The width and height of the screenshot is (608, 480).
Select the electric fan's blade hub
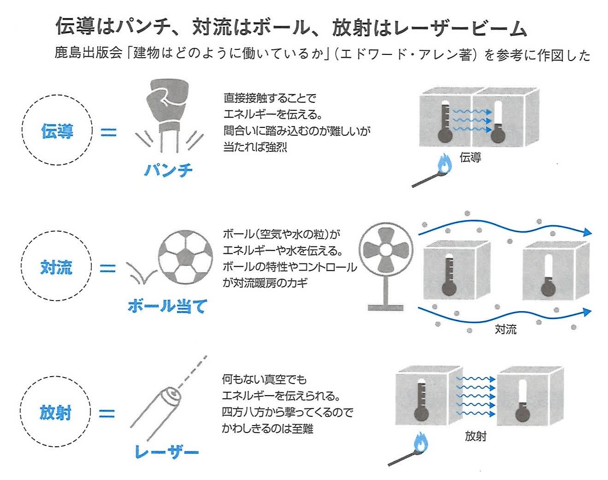[x=386, y=250]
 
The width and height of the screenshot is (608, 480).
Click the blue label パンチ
[x=168, y=170]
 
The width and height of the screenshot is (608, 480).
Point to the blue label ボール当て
[x=168, y=306]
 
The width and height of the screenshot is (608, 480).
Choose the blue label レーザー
[x=167, y=452]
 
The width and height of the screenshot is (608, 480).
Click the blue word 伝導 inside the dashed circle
[x=57, y=131]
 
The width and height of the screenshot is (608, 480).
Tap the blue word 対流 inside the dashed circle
[x=57, y=267]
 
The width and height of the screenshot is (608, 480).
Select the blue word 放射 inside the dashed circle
[x=55, y=412]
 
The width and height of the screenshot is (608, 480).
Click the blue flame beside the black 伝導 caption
[x=444, y=164]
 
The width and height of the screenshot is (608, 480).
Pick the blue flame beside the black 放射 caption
[x=420, y=443]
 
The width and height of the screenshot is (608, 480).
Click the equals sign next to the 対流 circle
[x=108, y=268]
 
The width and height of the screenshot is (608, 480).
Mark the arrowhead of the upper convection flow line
[x=588, y=232]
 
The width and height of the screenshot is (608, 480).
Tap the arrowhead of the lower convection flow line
[x=587, y=312]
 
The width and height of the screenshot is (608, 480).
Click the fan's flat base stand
[x=385, y=307]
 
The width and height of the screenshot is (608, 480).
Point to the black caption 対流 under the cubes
[x=506, y=329]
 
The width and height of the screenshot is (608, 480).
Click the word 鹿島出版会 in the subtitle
[x=89, y=53]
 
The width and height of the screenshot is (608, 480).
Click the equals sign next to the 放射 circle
[x=107, y=414]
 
